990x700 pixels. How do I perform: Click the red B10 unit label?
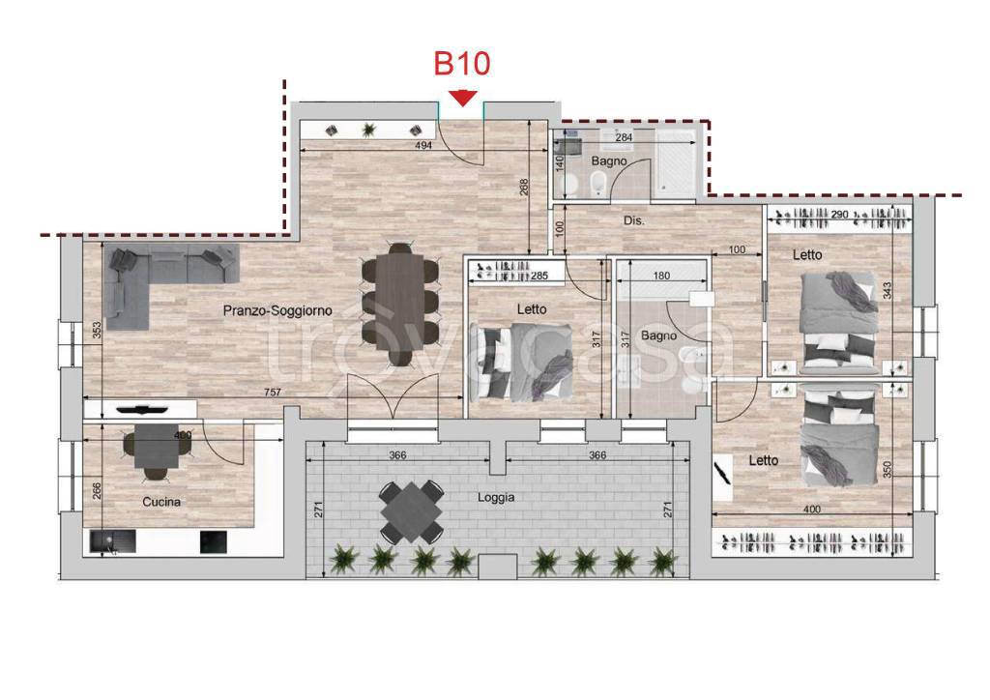(x=461, y=63)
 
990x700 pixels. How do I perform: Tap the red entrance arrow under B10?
(x=463, y=98)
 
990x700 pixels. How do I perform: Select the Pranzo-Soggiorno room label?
(x=277, y=310)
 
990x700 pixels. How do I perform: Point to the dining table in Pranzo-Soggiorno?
(x=399, y=301)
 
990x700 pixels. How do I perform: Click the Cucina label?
(x=161, y=502)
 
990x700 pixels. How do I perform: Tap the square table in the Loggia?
(x=412, y=511)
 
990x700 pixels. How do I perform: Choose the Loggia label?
(x=496, y=497)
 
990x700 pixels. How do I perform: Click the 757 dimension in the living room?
(x=272, y=392)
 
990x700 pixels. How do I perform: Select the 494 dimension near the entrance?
(x=423, y=145)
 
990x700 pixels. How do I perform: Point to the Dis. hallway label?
(x=634, y=220)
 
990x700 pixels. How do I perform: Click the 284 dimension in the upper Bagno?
(x=624, y=137)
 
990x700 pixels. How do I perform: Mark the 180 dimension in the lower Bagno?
(x=661, y=276)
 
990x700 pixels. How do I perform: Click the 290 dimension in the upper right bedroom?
(x=839, y=215)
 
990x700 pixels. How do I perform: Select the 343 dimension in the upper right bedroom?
(x=888, y=290)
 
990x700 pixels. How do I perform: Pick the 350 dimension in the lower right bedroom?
(x=888, y=469)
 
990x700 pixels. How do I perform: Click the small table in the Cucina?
(x=156, y=446)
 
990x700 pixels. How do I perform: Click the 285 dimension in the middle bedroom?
(x=539, y=276)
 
